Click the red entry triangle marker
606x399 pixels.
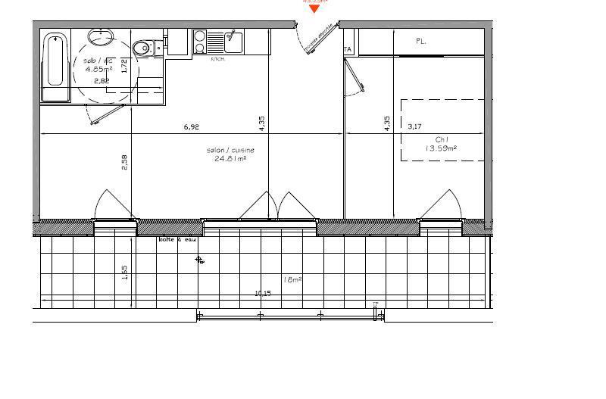pyautogui.click(x=314, y=9)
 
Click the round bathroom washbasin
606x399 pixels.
pyautogui.click(x=99, y=37)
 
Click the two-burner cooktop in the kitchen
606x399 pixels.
pyautogui.click(x=200, y=41)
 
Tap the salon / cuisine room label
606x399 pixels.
pyautogui.click(x=230, y=151)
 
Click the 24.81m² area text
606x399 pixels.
pyautogui.click(x=230, y=159)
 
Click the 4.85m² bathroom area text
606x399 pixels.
pyautogui.click(x=98, y=68)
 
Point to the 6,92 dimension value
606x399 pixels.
pyautogui.click(x=191, y=127)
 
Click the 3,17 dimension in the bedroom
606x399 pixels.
pyautogui.click(x=414, y=126)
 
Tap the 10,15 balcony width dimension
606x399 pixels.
pyautogui.click(x=263, y=294)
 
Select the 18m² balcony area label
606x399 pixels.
pyautogui.click(x=292, y=279)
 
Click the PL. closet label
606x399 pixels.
pyautogui.click(x=420, y=42)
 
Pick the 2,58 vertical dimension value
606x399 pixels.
pyautogui.click(x=125, y=162)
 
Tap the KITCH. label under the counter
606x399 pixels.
pyautogui.click(x=217, y=58)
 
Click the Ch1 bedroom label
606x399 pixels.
pyautogui.click(x=442, y=139)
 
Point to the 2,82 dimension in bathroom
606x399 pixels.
pyautogui.click(x=100, y=79)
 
